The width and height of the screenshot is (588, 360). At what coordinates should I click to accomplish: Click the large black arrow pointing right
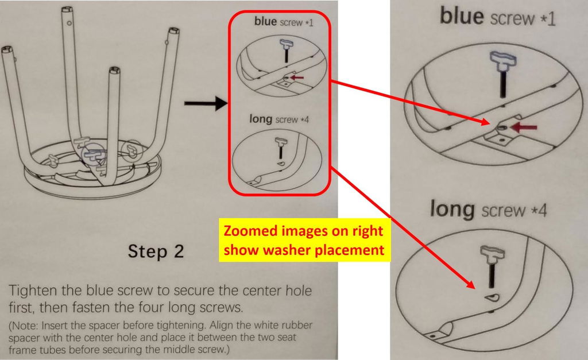tap(206, 103)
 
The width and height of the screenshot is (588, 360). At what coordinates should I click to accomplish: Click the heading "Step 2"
tap(156, 251)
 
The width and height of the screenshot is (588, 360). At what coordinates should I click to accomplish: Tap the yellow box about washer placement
tap(304, 240)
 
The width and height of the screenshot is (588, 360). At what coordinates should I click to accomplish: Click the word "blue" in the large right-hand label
tap(462, 17)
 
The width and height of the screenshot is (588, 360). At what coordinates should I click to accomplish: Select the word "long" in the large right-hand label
tap(452, 208)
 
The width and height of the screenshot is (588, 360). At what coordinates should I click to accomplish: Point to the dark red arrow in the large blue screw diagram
tap(524, 127)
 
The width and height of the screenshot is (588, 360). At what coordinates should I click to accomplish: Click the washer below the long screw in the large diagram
tap(492, 298)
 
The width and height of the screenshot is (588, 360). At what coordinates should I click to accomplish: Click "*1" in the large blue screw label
tap(547, 19)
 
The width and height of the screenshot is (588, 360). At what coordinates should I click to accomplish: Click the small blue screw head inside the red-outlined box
tap(286, 44)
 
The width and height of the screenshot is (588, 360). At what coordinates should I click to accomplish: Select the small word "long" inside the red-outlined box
tap(261, 119)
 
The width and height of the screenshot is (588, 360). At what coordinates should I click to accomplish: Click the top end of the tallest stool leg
tap(68, 9)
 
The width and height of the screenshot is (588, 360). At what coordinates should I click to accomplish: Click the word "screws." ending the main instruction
tap(221, 308)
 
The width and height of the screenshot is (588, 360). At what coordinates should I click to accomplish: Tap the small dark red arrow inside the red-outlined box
tap(297, 78)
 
